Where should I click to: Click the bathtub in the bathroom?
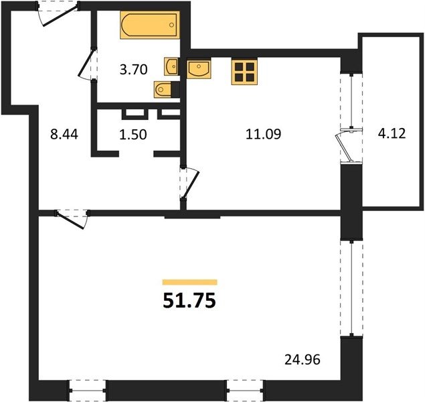pos(150,25)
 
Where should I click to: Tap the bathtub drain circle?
pos(171,25)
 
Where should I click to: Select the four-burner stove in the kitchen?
pos(244,72)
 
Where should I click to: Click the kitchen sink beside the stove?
pos(199,70)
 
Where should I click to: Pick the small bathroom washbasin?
pos(171,66)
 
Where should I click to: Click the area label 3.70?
pos(134,70)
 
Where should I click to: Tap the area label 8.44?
pos(64,134)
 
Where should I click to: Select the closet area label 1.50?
pos(133,134)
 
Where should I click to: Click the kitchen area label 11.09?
pos(264,134)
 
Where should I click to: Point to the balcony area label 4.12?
pos(392,133)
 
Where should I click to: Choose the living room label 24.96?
pos(303,360)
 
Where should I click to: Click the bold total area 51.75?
pos(189,301)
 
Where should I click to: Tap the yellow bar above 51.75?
pos(189,282)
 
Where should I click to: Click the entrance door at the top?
pos(58,13)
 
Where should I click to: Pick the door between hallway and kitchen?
pos(189,184)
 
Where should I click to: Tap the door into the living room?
pos(72,218)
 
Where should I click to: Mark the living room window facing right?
pos(351,288)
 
